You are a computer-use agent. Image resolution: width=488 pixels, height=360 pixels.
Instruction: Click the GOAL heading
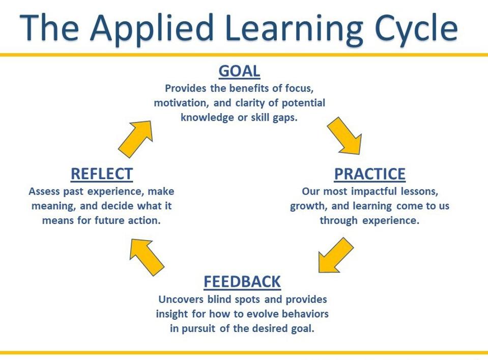click(x=239, y=71)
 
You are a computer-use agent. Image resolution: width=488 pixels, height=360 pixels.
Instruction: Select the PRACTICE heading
click(x=370, y=174)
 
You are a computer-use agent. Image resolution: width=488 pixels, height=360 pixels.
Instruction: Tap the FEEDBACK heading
click(x=242, y=282)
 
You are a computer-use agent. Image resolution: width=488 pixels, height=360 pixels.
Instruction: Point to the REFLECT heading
click(x=102, y=174)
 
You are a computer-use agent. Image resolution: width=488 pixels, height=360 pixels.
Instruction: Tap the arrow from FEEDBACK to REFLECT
click(x=146, y=256)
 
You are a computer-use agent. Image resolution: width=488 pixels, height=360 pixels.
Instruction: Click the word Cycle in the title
click(x=416, y=28)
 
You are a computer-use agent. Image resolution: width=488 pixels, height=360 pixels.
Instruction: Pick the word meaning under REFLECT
click(x=53, y=206)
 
